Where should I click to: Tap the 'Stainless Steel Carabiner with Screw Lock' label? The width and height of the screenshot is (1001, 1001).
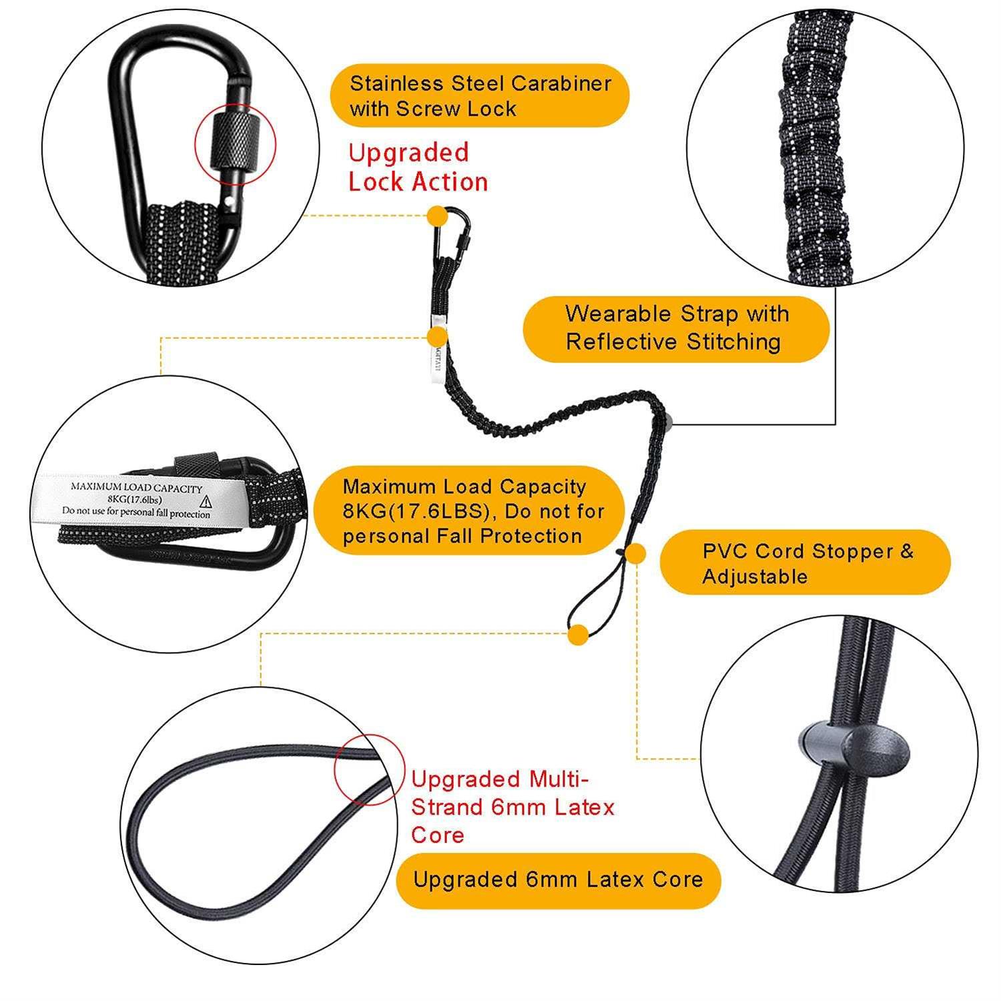click(480, 95)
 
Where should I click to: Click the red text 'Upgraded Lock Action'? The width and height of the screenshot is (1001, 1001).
click(418, 168)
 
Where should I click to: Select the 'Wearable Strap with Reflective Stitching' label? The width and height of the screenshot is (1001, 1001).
click(676, 328)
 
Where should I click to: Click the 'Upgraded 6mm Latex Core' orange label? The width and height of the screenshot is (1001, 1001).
click(558, 880)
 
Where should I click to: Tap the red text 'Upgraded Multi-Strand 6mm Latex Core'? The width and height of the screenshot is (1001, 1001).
click(512, 806)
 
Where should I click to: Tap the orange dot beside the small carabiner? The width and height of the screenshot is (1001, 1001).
click(437, 216)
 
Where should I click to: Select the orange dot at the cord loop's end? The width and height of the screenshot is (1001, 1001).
click(579, 634)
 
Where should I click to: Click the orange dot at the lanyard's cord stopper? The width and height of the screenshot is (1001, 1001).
click(636, 553)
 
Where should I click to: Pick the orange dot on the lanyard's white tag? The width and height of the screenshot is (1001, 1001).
click(437, 336)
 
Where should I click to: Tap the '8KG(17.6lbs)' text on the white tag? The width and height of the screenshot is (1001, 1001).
click(135, 499)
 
